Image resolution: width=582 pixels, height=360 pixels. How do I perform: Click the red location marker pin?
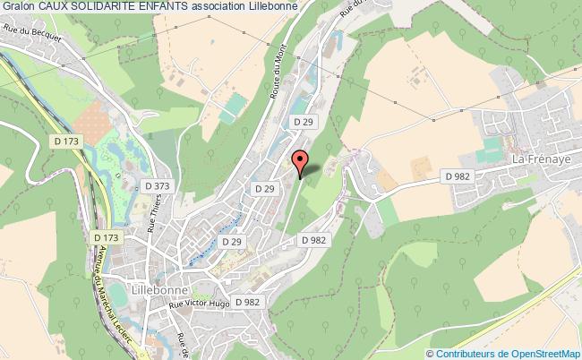click(301, 162)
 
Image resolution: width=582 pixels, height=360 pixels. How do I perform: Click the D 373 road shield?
click(156, 185)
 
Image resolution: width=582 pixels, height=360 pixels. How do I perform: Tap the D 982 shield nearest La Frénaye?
click(458, 176)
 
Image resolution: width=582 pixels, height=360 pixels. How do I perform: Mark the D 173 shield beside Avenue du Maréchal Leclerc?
click(106, 236)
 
